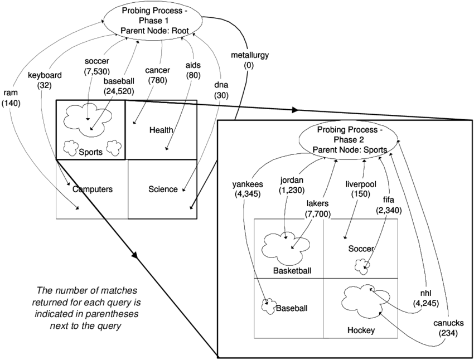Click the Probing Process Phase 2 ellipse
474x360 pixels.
(349, 140)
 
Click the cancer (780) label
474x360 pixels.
(157, 76)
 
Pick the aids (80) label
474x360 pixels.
(194, 70)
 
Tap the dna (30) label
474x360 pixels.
(221, 91)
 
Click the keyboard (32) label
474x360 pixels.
(45, 80)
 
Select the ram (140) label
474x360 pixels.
(11, 98)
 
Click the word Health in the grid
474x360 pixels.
(161, 130)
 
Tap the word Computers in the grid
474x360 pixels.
(92, 189)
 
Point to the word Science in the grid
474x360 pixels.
(163, 189)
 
